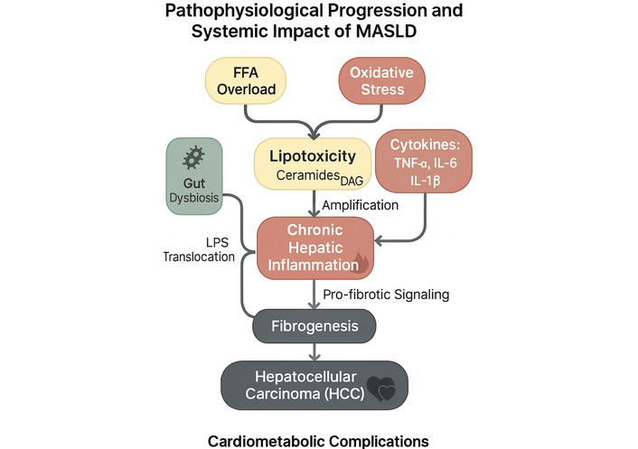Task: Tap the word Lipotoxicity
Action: [x=312, y=156]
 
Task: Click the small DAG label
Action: [x=349, y=181]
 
